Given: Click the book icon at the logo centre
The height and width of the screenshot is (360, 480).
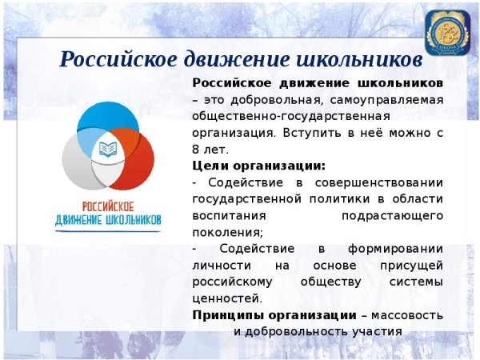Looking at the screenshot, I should [x=107, y=149].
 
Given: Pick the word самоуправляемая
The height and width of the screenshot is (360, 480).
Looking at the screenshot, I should [x=390, y=99].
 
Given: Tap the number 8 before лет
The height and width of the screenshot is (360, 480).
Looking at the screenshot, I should [x=196, y=149].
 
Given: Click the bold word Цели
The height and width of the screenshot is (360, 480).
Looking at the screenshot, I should [x=210, y=166].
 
